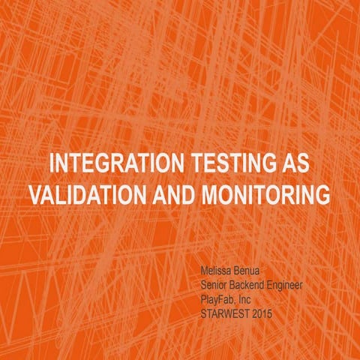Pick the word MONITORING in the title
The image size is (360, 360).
(x=266, y=194)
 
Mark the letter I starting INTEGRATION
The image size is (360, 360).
(x=51, y=164)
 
